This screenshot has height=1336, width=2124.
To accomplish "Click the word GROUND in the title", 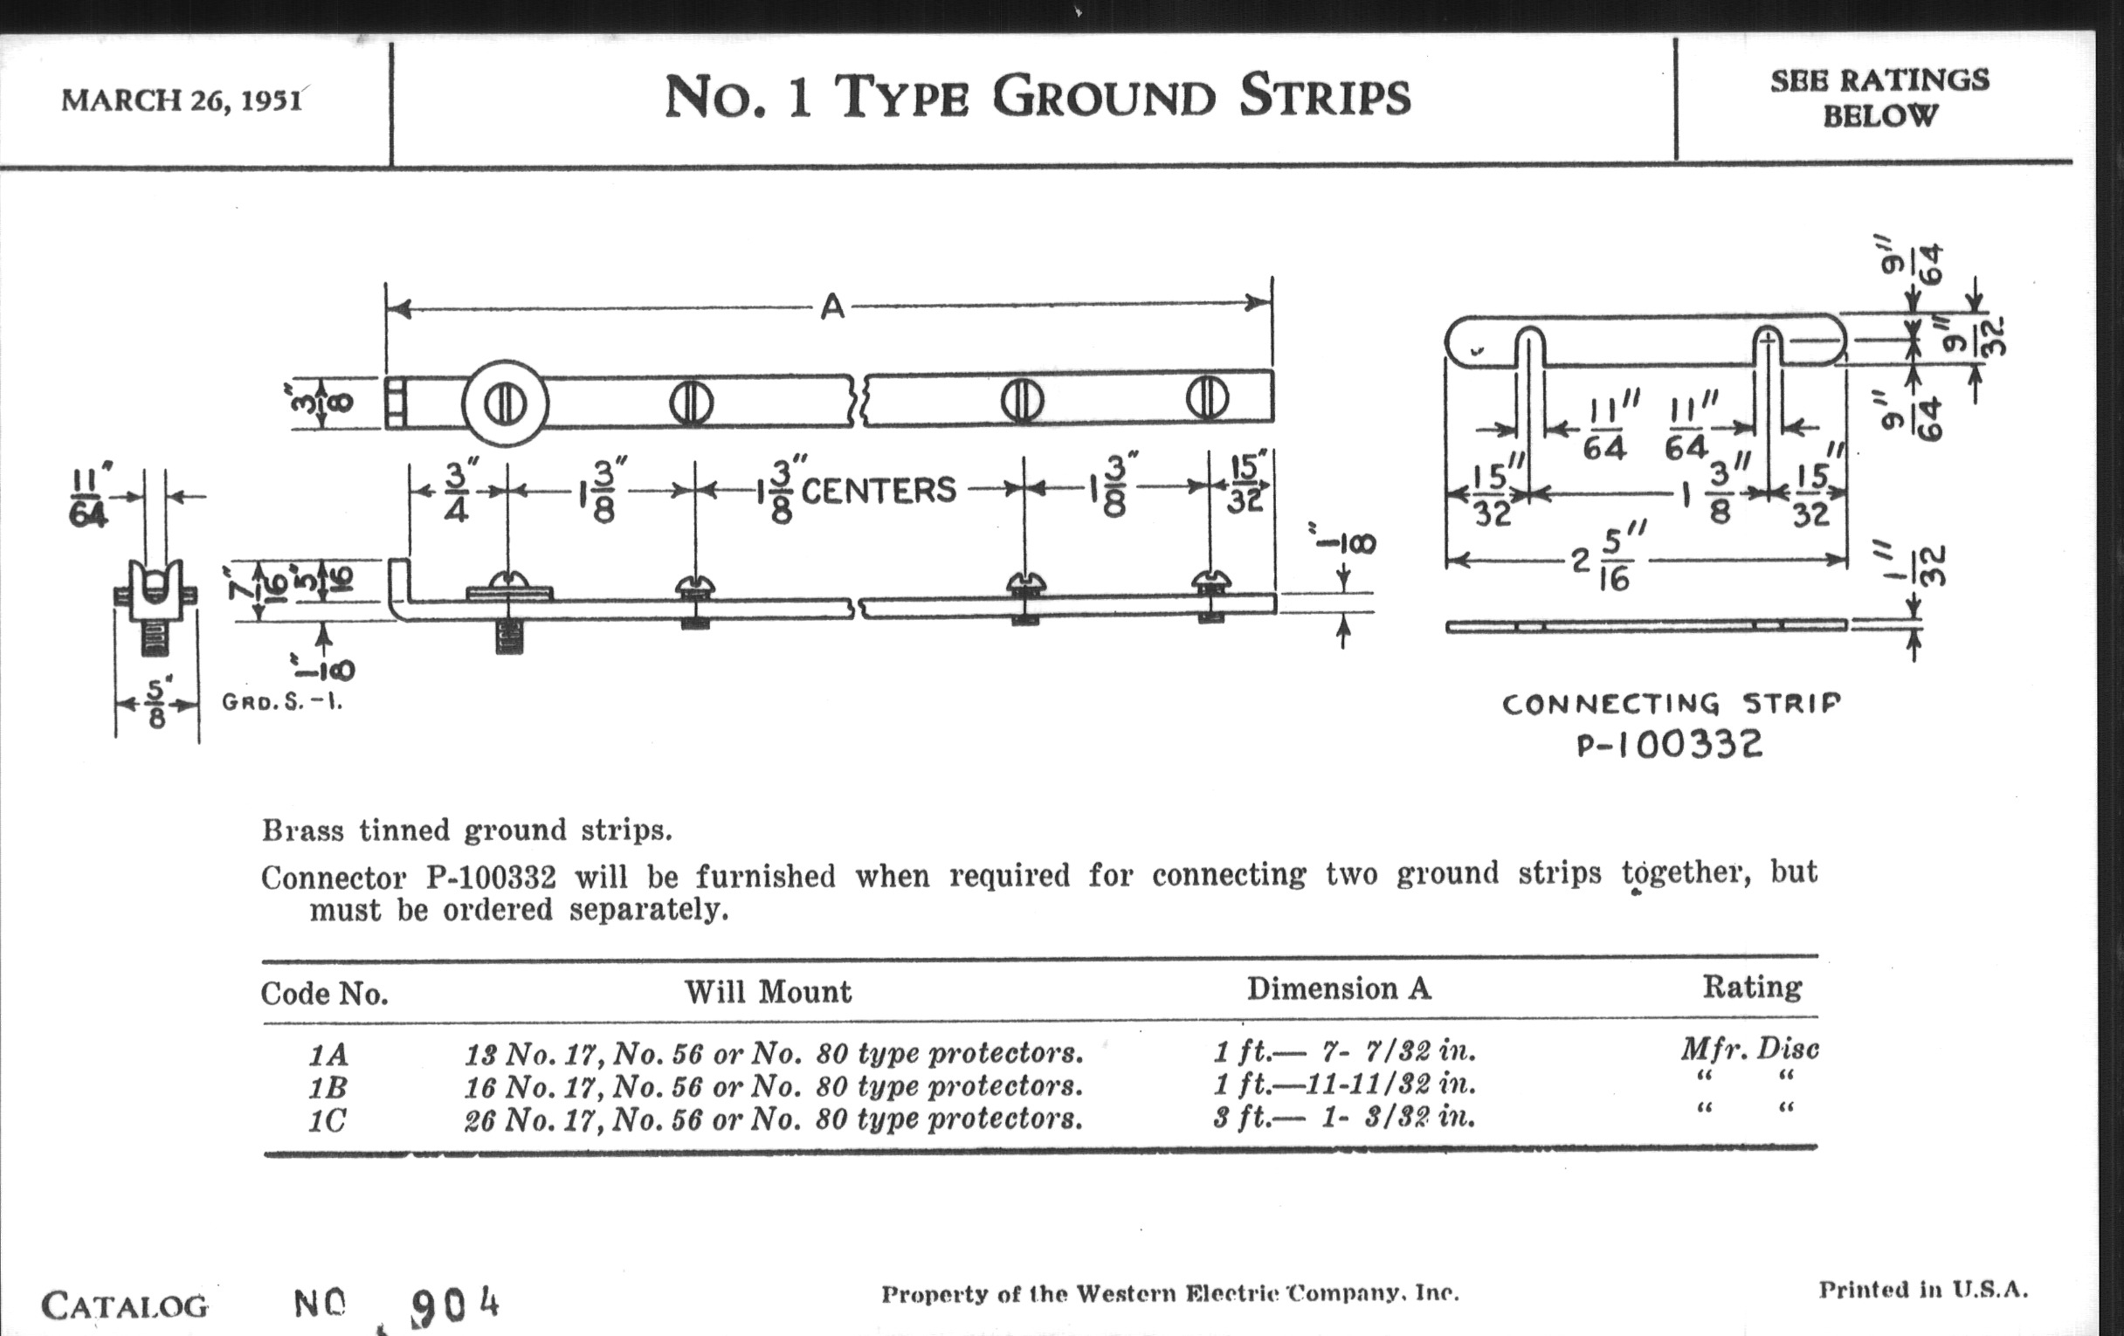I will point(1103,97).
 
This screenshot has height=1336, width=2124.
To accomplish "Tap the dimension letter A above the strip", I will point(831,306).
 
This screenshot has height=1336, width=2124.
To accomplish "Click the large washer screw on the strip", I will point(506,404).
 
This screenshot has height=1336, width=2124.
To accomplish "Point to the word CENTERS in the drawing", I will point(878,491).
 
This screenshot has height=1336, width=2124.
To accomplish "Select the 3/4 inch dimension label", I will point(455,493).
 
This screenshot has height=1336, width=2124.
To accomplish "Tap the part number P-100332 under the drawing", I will point(1669,745).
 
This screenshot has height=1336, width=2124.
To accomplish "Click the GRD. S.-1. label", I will point(281,703).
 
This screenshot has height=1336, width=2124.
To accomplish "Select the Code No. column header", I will point(325,994).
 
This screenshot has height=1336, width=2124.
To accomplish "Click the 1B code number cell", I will point(328,1086).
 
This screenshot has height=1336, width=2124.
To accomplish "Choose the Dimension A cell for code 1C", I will point(1343,1119).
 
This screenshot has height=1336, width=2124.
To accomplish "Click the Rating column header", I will point(1751,987).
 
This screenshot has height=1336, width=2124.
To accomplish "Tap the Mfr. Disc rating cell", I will point(1749,1050).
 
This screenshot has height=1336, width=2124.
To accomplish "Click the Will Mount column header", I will point(768,992).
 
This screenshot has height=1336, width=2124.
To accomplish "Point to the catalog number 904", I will point(454,1306).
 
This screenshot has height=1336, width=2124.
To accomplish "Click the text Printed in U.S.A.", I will point(1923,1290).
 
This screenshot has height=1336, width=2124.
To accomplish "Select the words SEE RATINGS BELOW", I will point(1879,98).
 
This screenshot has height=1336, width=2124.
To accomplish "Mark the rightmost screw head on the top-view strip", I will point(1207,398).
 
